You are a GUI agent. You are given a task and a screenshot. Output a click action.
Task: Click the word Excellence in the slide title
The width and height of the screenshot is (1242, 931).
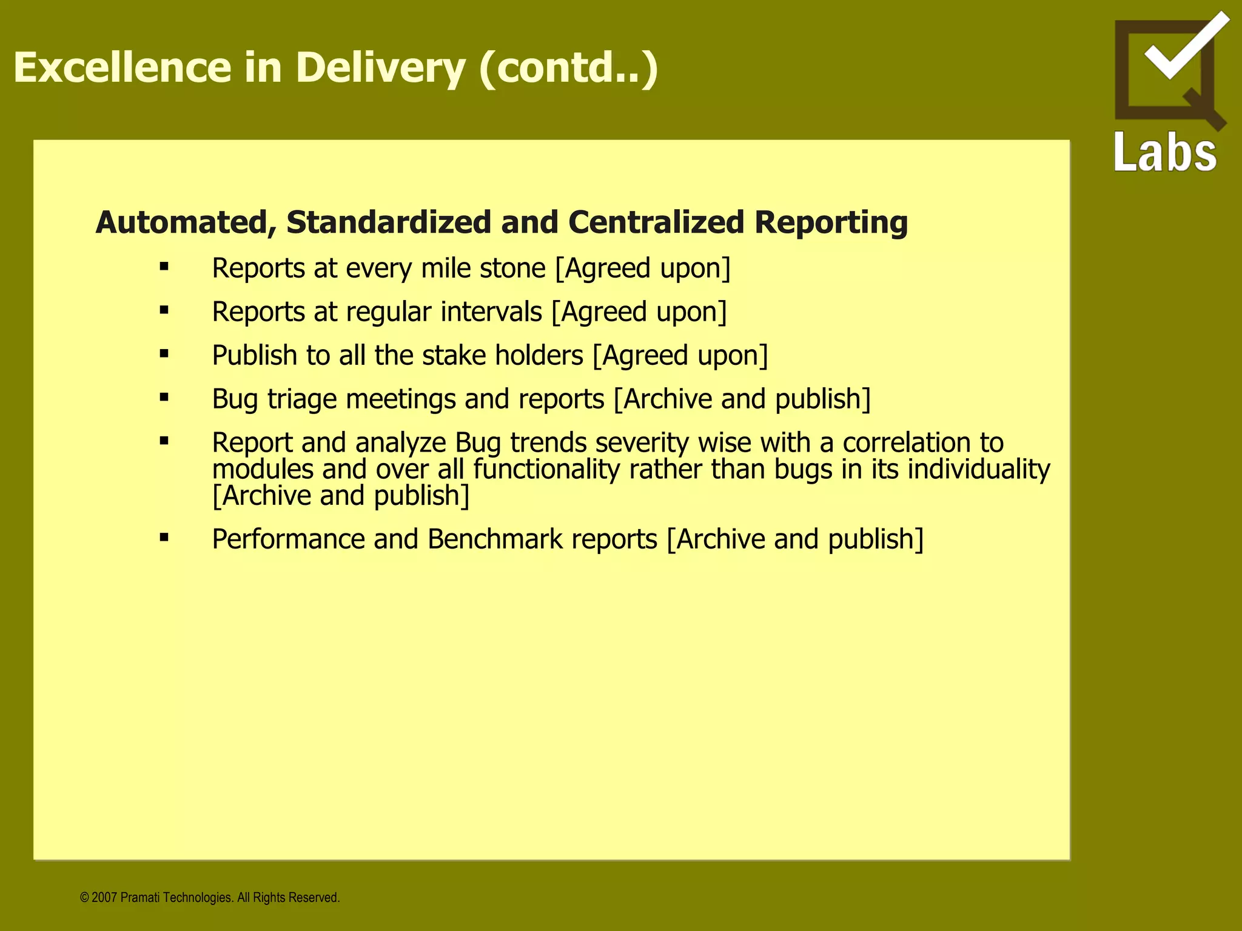coord(122,67)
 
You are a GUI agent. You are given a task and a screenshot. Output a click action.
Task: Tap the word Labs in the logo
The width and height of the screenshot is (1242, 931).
coord(1165,153)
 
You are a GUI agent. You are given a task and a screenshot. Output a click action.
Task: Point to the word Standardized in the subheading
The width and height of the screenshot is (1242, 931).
coord(389,222)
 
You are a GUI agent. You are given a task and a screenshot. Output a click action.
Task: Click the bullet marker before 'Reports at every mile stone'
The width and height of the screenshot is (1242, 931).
coord(164,267)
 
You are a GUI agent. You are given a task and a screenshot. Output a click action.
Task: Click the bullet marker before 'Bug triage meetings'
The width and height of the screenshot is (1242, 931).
coord(164,398)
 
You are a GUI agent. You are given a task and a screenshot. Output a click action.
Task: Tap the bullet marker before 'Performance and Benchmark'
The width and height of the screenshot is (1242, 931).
coord(164,538)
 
